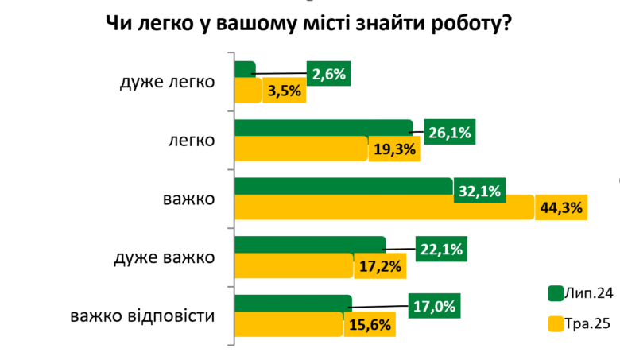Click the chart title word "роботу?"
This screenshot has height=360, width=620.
[464, 23]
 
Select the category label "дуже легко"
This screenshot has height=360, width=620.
[168, 82]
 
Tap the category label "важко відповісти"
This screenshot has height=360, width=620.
[142, 316]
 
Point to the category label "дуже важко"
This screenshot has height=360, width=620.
[165, 258]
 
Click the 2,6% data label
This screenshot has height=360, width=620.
[329, 74]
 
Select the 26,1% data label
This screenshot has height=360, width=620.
[451, 133]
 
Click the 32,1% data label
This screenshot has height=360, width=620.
[480, 191]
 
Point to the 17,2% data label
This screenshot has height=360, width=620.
[380, 266]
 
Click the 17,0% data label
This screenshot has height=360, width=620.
[434, 307]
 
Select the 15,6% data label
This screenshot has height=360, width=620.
[370, 324]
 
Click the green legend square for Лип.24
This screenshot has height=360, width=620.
[556, 293]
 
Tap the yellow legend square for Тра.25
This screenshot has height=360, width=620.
[556, 323]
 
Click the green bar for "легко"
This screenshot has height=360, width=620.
[323, 129]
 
